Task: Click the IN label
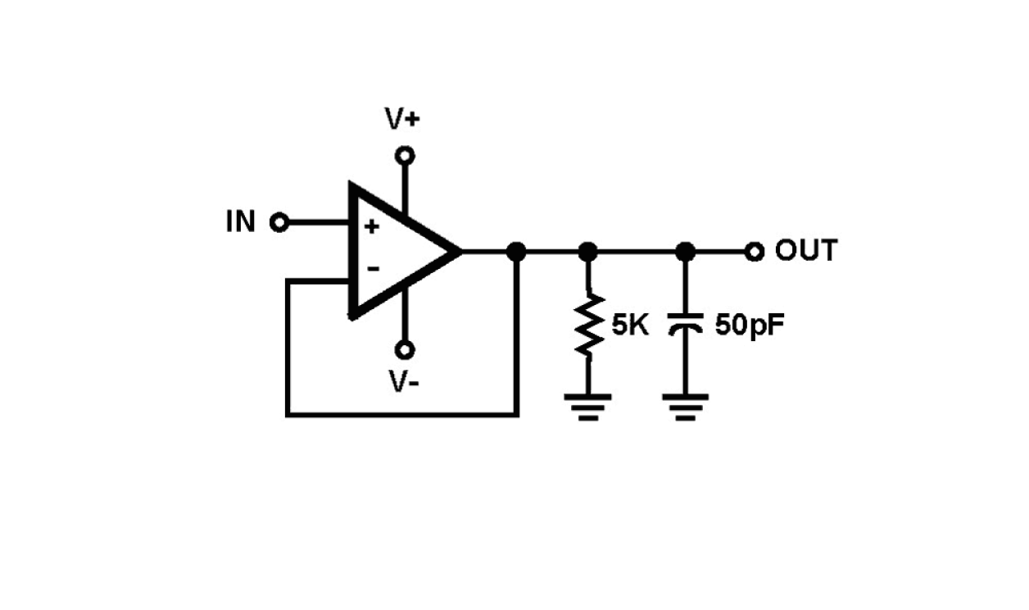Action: [x=241, y=221]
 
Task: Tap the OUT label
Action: [x=806, y=251]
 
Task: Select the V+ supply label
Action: [x=402, y=120]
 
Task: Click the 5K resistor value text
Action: [x=630, y=325]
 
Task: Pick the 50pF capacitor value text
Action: [x=750, y=325]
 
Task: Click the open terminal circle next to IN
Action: [x=279, y=222]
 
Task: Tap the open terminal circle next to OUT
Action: [x=755, y=252]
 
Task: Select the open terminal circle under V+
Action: [x=404, y=155]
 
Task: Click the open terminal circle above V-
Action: [x=404, y=350]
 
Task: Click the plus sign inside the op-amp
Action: [x=372, y=227]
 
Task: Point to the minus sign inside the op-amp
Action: [x=373, y=268]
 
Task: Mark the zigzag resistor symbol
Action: [x=588, y=325]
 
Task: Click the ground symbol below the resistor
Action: [x=588, y=405]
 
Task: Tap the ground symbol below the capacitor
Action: [x=687, y=405]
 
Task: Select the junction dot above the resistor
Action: [x=588, y=252]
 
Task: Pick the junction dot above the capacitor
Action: [x=687, y=252]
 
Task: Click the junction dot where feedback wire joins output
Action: [x=516, y=252]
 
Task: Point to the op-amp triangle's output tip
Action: [x=459, y=251]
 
